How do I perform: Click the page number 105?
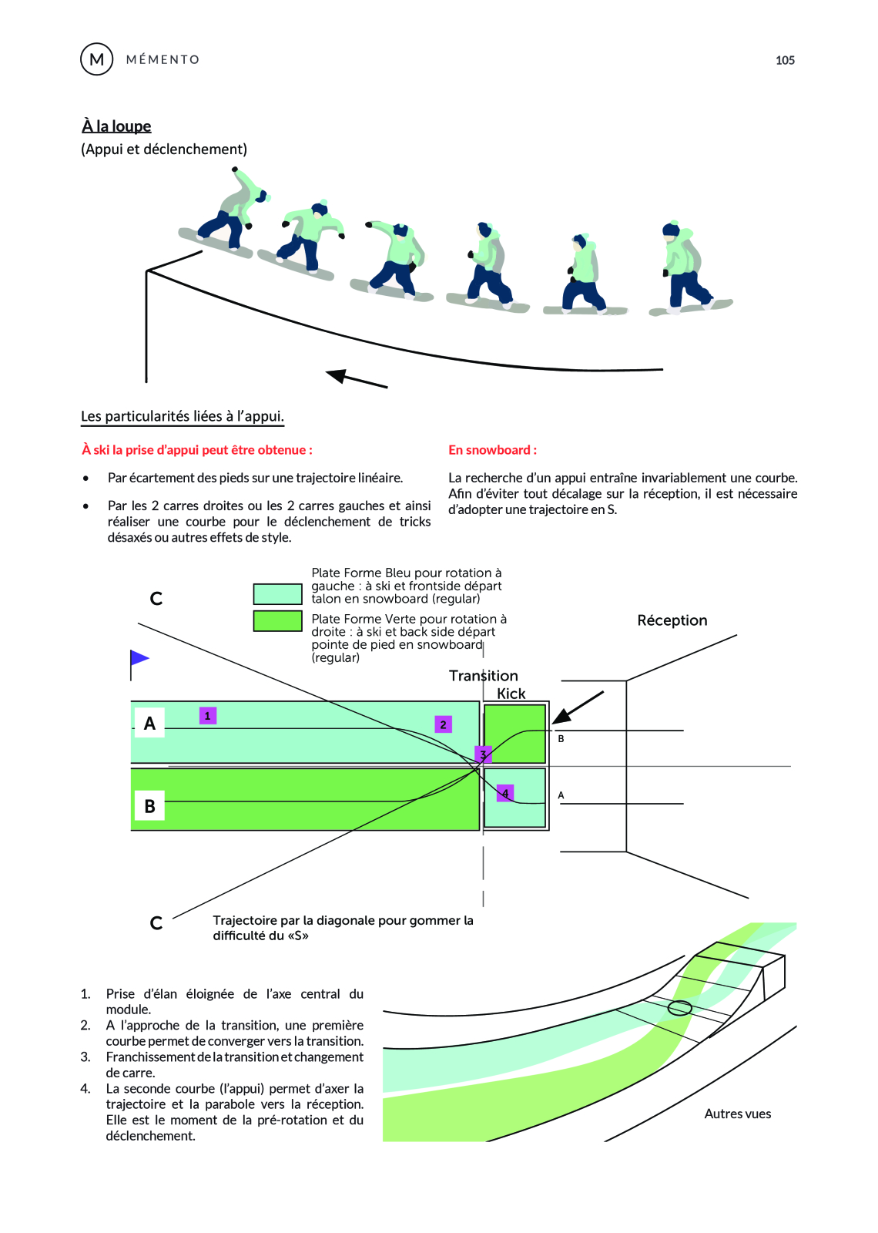(x=785, y=60)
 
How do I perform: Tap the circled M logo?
(x=97, y=59)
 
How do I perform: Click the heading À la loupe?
(x=116, y=126)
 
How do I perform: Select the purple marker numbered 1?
(x=207, y=716)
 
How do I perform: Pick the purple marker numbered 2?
(x=443, y=724)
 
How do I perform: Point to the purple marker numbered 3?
(x=483, y=754)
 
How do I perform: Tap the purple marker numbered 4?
(x=505, y=793)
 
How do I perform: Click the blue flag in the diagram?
(x=139, y=658)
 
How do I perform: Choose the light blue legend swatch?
(x=277, y=594)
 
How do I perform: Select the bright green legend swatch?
(x=277, y=621)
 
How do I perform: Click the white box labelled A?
(x=149, y=723)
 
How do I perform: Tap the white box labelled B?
(x=149, y=806)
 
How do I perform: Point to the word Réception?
(x=672, y=620)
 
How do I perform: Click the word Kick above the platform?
(x=511, y=694)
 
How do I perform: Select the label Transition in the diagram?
(x=483, y=676)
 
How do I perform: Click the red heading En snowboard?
(x=492, y=450)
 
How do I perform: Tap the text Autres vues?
(x=737, y=1114)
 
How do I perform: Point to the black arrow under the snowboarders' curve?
(x=357, y=378)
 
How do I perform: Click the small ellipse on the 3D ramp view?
(x=679, y=1007)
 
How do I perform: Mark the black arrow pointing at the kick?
(x=578, y=707)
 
